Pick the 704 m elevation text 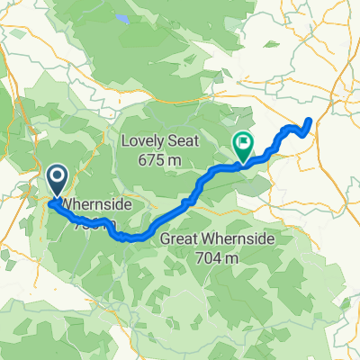click(217, 256)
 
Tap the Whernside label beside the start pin click(98, 206)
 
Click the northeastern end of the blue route click(310, 120)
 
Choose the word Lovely click(144, 141)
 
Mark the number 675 click(155, 159)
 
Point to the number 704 click(210, 256)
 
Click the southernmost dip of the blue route click(133, 238)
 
